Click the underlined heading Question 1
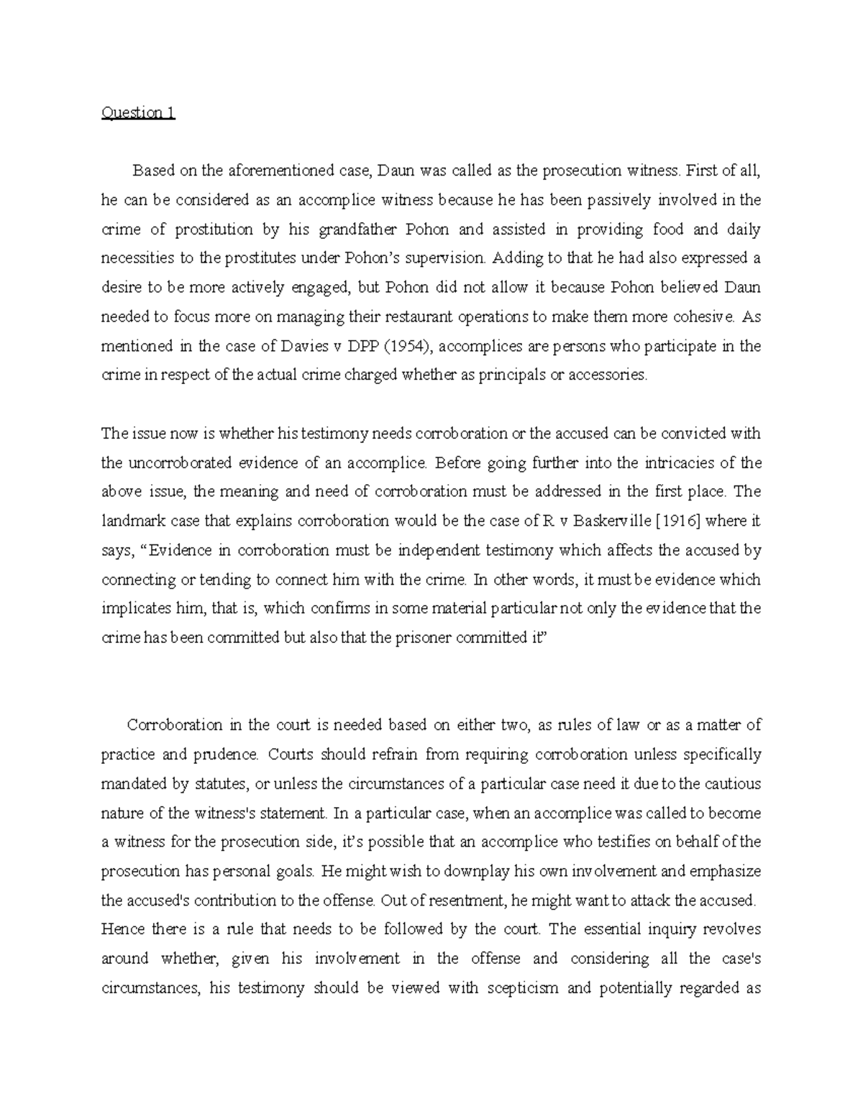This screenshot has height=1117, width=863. (138, 113)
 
